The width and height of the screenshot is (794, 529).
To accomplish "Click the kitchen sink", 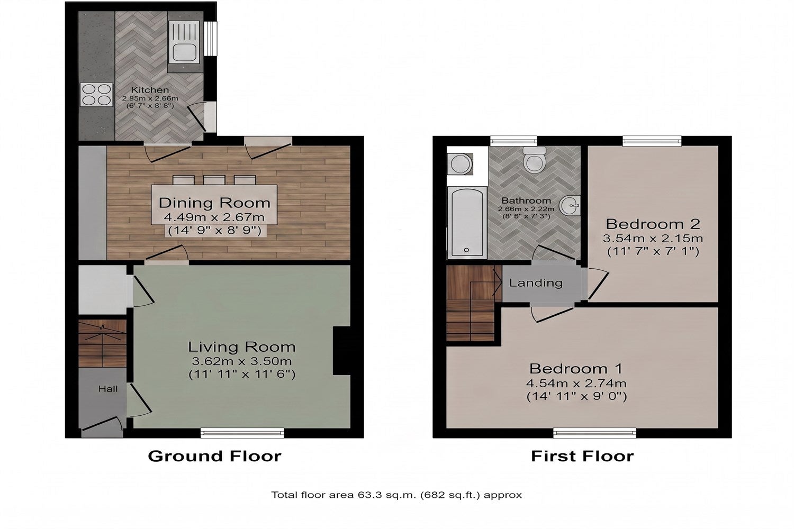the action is (x=184, y=42).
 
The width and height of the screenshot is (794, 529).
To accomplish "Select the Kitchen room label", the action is (x=150, y=89).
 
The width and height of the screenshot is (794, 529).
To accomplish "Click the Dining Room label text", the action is (x=214, y=203).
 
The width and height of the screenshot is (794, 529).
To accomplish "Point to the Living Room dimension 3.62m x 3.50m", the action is (x=242, y=361).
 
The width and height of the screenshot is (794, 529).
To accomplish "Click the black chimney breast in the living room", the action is (x=341, y=350).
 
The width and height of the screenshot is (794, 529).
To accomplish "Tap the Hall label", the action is (x=108, y=389).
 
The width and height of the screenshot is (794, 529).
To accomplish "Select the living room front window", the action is (x=242, y=433).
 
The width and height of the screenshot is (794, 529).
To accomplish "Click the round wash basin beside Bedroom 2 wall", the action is (x=570, y=205).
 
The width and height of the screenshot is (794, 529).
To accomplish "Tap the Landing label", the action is (x=536, y=282).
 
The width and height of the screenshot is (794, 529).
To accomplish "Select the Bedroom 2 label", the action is (x=653, y=224).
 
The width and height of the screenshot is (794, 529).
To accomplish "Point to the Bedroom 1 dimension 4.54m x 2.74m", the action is (x=576, y=383).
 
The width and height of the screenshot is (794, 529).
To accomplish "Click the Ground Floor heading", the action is (x=214, y=456).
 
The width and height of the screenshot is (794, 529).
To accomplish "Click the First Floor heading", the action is (x=582, y=456).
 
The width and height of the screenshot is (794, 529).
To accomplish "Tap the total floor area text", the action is (x=396, y=495).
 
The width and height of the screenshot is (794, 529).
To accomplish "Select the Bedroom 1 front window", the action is (x=595, y=433).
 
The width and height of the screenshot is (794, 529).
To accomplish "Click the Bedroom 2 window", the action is (x=652, y=141).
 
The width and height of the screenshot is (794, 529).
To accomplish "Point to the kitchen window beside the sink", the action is (x=212, y=39).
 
